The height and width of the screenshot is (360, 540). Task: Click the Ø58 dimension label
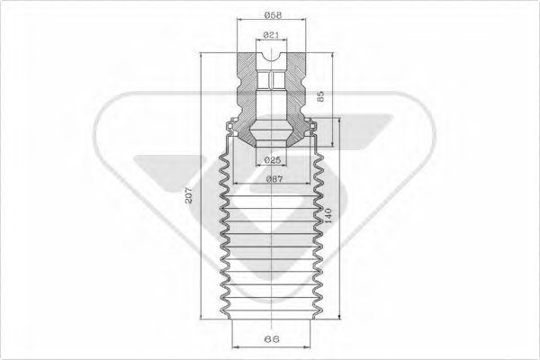tap(273, 14)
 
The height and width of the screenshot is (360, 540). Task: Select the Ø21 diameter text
tap(271, 35)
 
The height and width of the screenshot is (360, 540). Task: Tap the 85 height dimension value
tap(320, 96)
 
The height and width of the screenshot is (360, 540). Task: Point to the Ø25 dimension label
tap(273, 160)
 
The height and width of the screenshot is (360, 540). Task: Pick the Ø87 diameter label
tap(274, 179)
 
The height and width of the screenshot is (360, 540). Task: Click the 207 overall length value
tap(189, 195)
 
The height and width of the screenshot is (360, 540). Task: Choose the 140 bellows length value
tap(328, 216)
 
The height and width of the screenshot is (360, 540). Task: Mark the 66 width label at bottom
tap(272, 339)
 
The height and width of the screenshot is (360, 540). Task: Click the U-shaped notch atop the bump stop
tap(272, 58)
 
